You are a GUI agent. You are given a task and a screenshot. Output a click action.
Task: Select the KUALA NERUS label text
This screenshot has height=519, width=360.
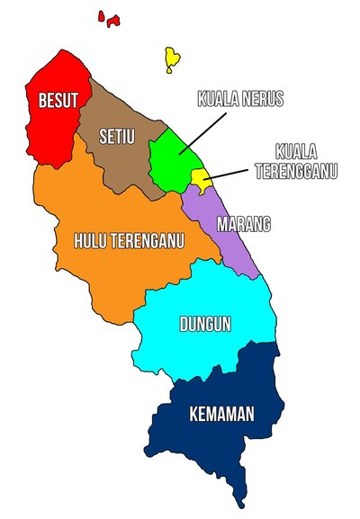tap(240, 99)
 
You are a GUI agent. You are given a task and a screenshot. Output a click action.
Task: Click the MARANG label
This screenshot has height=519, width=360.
tap(244, 223)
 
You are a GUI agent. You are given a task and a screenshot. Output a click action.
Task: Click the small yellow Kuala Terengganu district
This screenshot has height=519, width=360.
tap(200, 180)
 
